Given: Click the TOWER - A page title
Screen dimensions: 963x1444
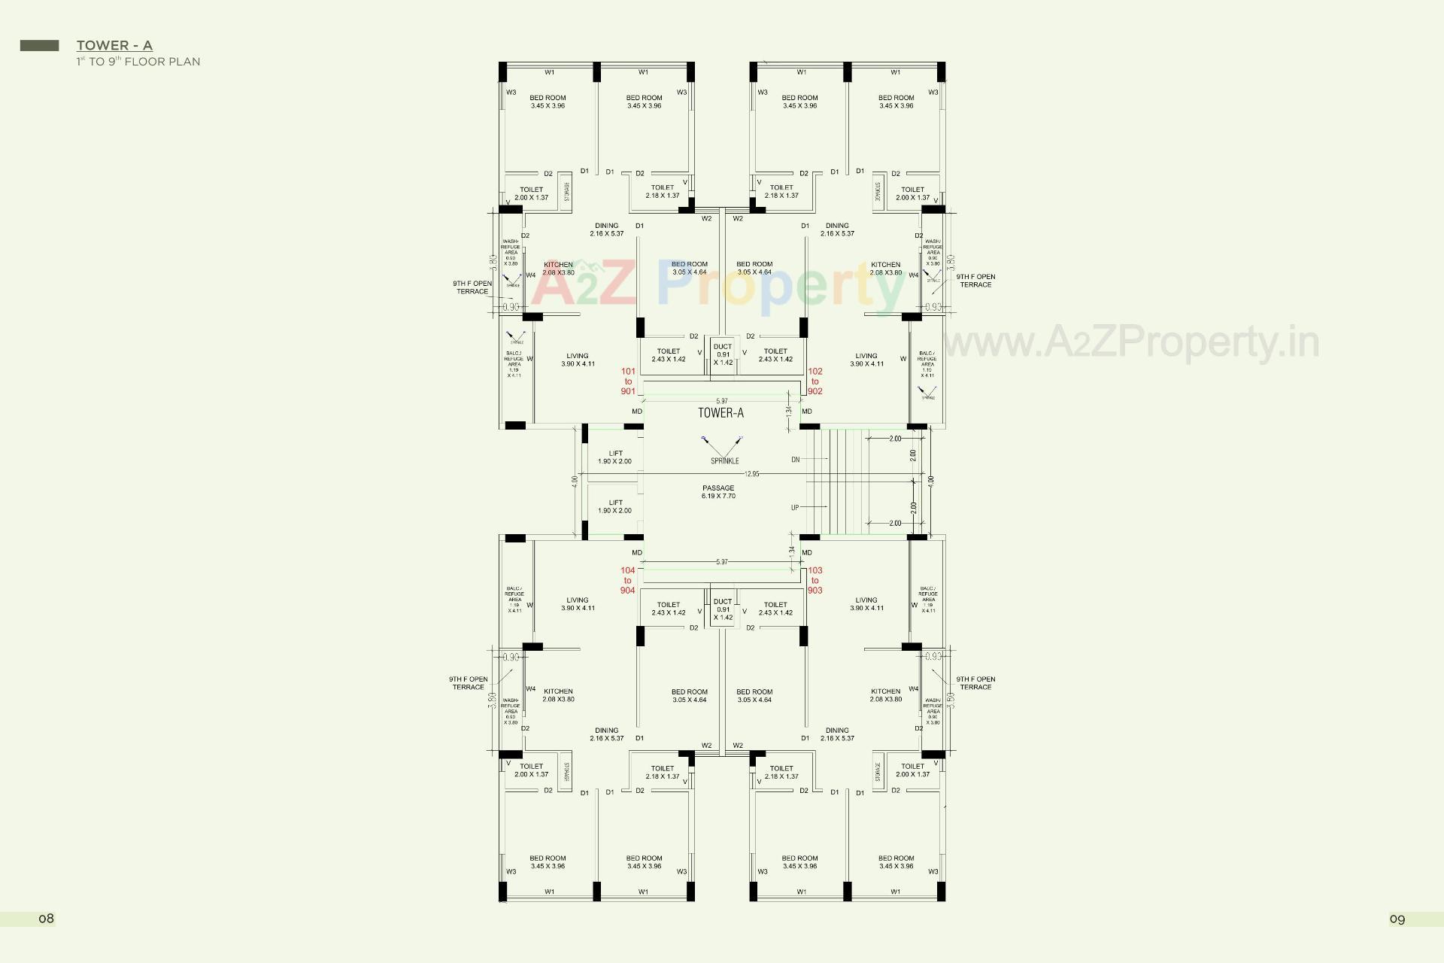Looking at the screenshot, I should [x=114, y=46].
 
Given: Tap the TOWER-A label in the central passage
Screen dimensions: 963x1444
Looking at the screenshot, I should [x=720, y=412].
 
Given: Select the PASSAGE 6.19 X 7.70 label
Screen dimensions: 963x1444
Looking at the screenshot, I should [x=718, y=492].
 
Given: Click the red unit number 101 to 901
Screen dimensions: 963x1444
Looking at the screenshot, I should [x=628, y=381].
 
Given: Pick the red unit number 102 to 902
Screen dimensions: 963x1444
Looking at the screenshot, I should [x=815, y=381].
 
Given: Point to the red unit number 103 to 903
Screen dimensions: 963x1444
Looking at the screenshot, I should [x=815, y=580].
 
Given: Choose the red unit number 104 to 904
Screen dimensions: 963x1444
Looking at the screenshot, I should [x=628, y=580].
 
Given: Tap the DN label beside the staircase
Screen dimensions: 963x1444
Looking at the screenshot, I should [x=796, y=459].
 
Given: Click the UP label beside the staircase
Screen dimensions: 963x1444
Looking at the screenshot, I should [x=795, y=508].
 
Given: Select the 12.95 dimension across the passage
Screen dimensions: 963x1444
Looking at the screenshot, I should [x=752, y=474].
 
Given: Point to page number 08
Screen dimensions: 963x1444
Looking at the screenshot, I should [x=47, y=919].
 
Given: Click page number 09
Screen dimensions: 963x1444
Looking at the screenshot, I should [x=1397, y=919].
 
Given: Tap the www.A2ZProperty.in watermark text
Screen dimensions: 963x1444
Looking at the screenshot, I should [x=1130, y=342].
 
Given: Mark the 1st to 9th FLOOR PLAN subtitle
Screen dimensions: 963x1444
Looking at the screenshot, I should [x=138, y=62].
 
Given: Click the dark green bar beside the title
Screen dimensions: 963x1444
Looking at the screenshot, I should [x=39, y=46].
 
